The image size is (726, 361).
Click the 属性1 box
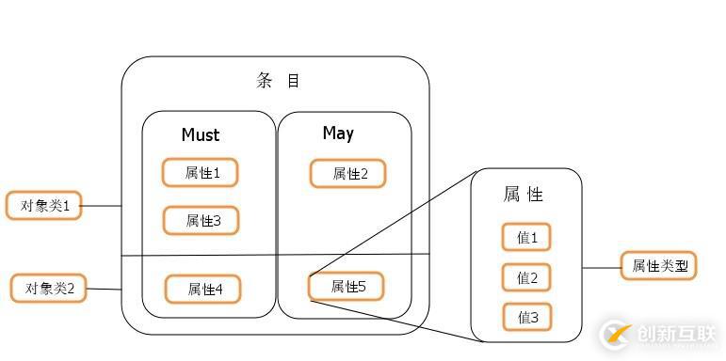pos(200,173)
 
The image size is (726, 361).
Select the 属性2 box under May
pos(347,174)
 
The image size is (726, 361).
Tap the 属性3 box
pos(201,221)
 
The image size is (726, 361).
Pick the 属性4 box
pos(202,290)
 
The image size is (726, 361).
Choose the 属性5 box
pos(347,287)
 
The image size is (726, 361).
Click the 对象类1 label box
pos(43,206)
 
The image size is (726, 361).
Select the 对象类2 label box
pos(48,289)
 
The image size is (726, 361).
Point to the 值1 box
pos(526,238)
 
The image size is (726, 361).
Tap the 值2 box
pos(526,278)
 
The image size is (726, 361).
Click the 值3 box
pos(526,318)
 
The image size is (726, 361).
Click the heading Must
pos(200,135)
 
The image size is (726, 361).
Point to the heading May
pos(338,133)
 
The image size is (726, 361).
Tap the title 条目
pos(278,81)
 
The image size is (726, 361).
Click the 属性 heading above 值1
pos(524,195)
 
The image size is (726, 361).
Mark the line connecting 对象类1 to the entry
pos(102,206)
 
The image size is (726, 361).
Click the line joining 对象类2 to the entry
pos(104,289)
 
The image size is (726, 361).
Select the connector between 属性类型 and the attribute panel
pos(601,268)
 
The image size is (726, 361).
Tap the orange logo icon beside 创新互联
pos(617,334)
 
